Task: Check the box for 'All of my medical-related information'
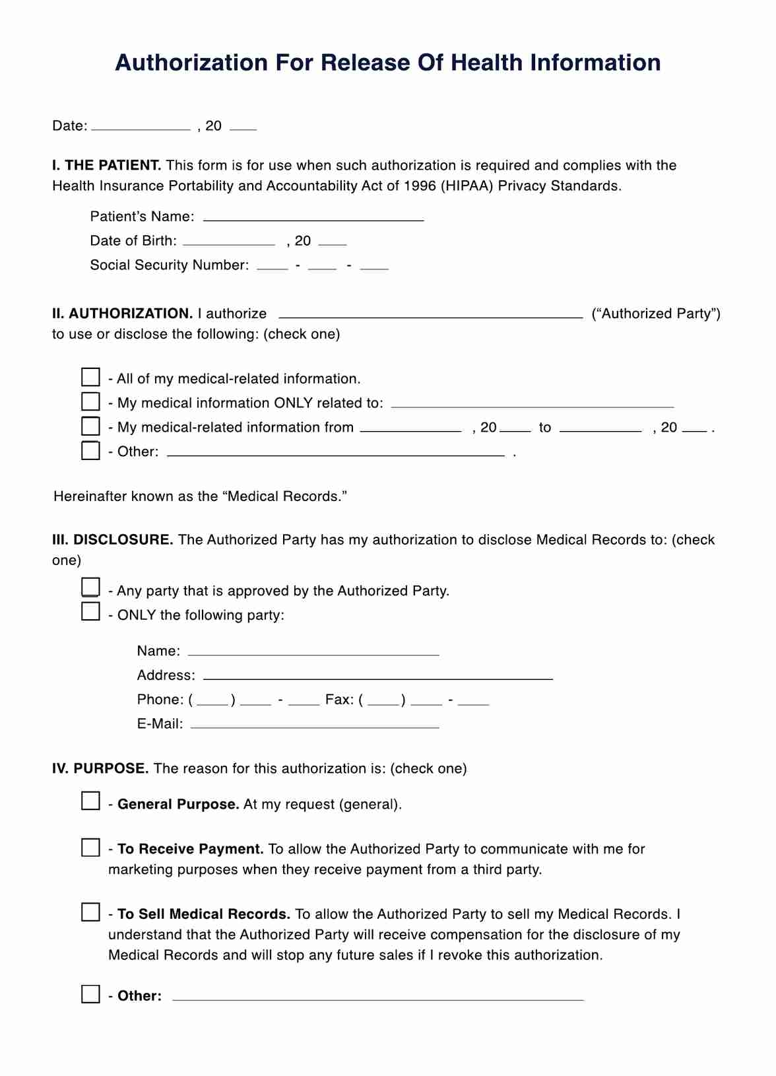(90, 377)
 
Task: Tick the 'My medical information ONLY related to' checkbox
(90, 401)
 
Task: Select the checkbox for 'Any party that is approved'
(90, 588)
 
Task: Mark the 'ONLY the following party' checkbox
(90, 612)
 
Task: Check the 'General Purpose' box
(90, 801)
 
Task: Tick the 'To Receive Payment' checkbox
(90, 848)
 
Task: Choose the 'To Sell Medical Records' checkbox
(90, 912)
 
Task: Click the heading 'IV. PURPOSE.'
(100, 768)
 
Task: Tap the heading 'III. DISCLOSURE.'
(113, 540)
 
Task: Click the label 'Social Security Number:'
(170, 265)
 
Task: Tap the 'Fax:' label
(340, 700)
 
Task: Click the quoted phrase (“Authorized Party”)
(656, 314)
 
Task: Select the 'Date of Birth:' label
(133, 241)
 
